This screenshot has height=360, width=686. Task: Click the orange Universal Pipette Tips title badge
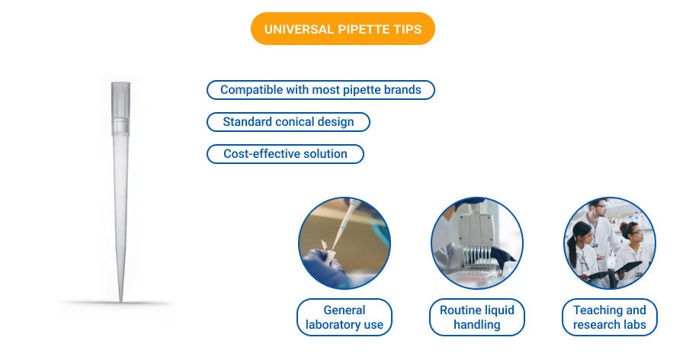click(x=342, y=30)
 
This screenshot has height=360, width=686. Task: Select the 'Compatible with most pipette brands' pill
click(x=320, y=90)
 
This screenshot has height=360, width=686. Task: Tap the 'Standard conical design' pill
click(x=288, y=122)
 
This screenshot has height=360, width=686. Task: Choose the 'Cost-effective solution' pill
click(x=285, y=154)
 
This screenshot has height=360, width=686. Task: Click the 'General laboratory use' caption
click(x=345, y=317)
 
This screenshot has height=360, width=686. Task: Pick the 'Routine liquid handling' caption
click(x=477, y=317)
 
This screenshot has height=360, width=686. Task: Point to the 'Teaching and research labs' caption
click(x=609, y=317)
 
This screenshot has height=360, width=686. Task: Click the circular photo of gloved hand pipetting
click(x=345, y=243)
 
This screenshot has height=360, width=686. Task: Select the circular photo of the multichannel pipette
click(x=477, y=243)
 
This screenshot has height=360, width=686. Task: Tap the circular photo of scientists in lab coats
click(x=609, y=243)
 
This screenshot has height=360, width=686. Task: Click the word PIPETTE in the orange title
click(x=357, y=30)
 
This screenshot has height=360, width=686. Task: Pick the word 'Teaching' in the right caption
click(x=598, y=310)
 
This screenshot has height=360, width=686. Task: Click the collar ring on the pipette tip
click(x=120, y=122)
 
